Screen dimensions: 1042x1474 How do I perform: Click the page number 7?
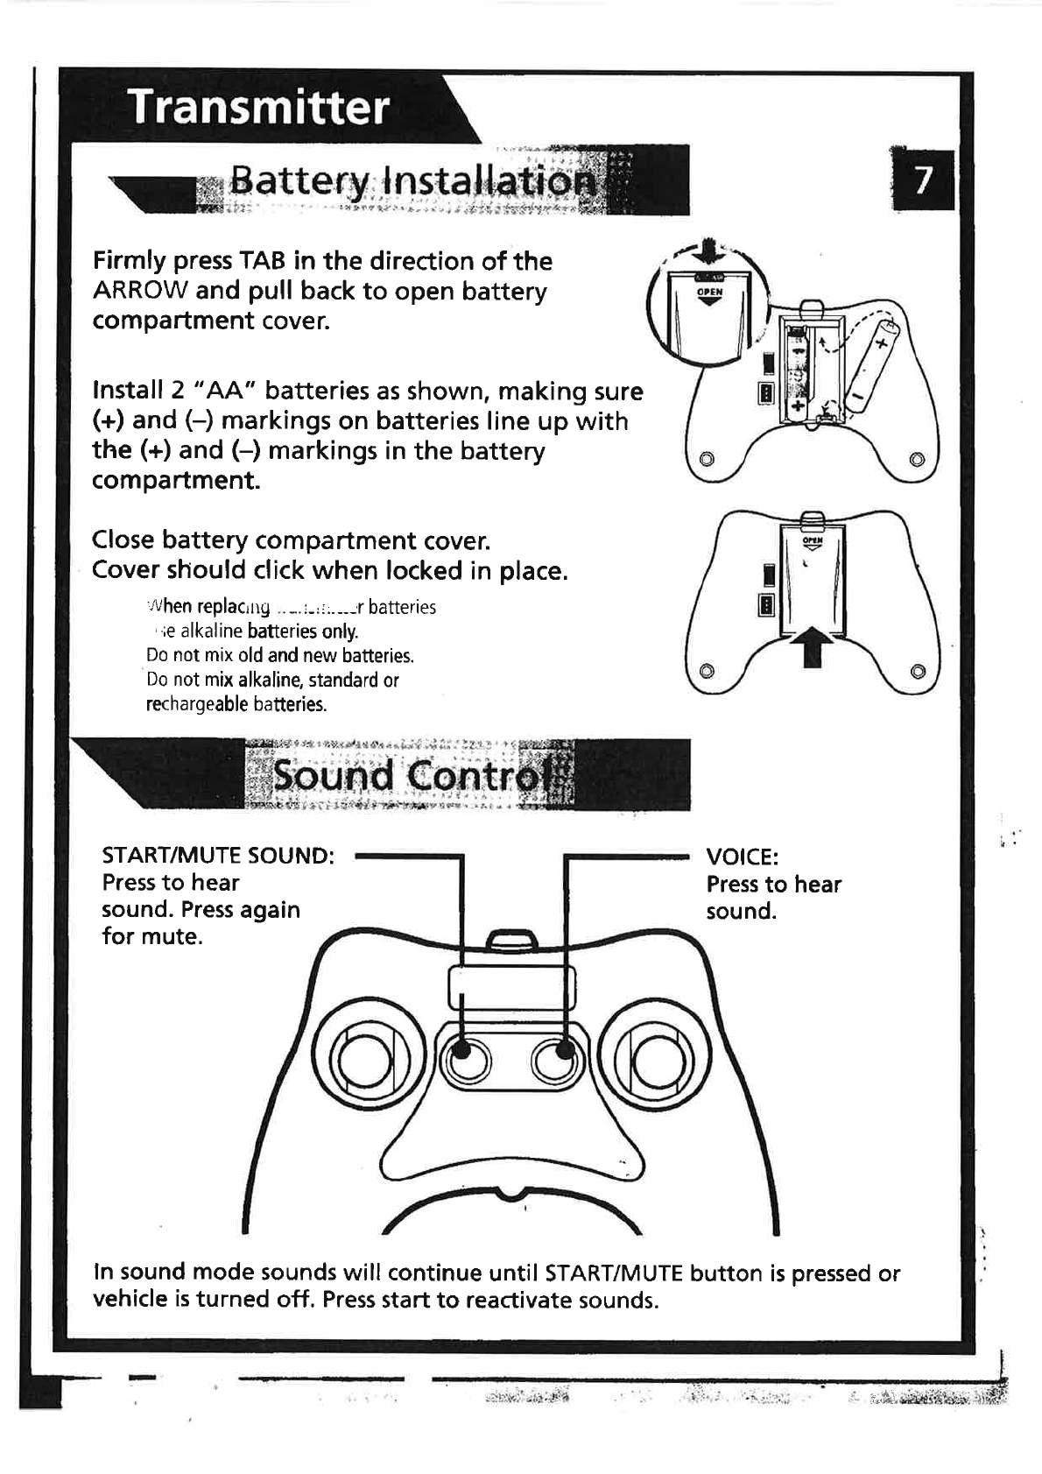click(x=921, y=180)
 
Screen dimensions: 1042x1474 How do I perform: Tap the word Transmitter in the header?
click(x=258, y=108)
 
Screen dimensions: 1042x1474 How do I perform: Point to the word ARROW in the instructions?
click(x=140, y=291)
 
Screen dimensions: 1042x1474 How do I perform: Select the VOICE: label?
click(x=742, y=857)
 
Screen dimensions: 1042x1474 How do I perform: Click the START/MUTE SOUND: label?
click(x=218, y=855)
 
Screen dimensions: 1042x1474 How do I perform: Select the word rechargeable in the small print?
click(x=197, y=704)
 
